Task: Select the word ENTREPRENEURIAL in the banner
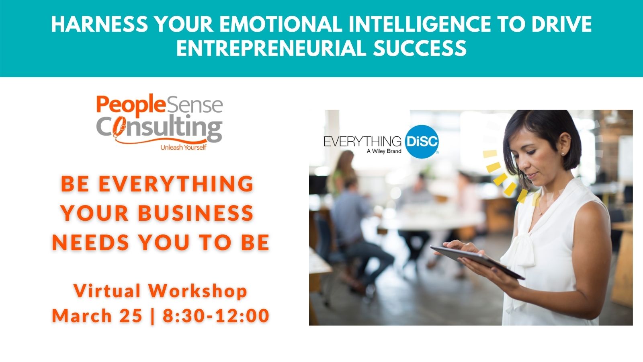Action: (272, 48)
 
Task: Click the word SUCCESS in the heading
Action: (420, 48)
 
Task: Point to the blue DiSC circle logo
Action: (422, 142)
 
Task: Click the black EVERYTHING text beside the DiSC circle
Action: (362, 141)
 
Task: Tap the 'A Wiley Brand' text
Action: (384, 151)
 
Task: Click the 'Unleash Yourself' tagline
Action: (183, 147)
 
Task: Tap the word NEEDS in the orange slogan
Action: (90, 242)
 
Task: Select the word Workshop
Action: (198, 291)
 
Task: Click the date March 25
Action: (97, 315)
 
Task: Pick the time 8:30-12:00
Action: (216, 315)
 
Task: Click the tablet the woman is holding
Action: (477, 261)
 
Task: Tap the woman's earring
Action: (562, 154)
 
